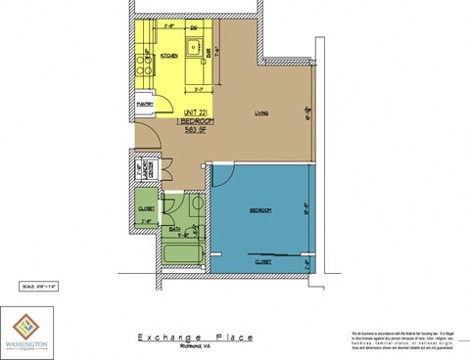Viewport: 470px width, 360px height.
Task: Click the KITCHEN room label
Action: click(x=168, y=56)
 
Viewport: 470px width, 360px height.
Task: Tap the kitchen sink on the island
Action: click(x=195, y=46)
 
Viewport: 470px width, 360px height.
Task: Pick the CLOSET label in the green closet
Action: click(x=147, y=208)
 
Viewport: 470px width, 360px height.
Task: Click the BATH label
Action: click(x=174, y=229)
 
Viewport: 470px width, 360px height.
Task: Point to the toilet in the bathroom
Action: click(x=195, y=204)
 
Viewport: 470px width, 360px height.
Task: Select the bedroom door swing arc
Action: click(x=221, y=176)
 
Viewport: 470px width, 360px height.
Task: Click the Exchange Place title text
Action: click(x=195, y=337)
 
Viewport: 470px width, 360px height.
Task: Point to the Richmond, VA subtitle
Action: click(x=196, y=346)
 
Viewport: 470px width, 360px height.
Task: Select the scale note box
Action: click(x=40, y=286)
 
